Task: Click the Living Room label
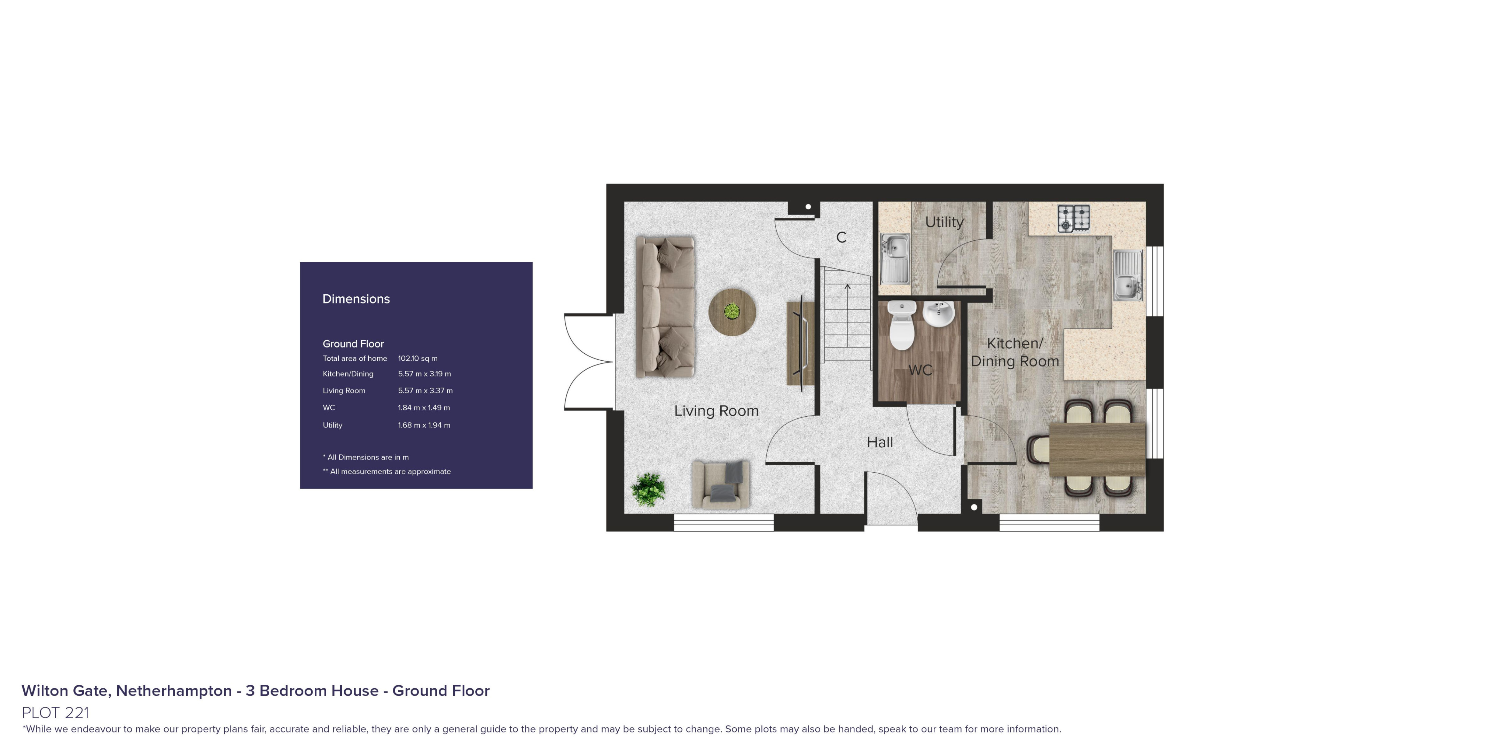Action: [716, 411]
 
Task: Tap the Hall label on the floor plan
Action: [880, 442]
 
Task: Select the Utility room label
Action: [944, 222]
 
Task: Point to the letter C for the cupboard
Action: [841, 238]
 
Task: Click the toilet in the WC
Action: [901, 325]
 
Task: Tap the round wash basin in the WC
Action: [938, 314]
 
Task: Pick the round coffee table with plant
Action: [732, 312]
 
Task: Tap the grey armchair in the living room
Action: [720, 484]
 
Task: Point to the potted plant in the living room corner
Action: [648, 489]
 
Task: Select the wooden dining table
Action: [1097, 450]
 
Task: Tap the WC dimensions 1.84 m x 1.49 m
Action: [424, 408]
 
